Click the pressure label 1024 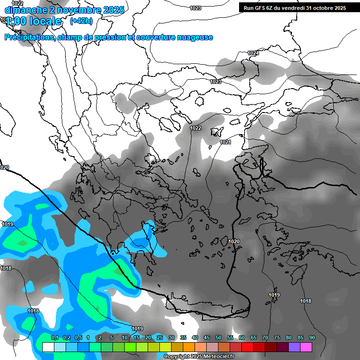tap(253, 53)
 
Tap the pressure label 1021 tap(225, 142)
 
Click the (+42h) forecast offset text tap(81, 21)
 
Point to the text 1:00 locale tap(34, 21)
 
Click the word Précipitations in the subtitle tap(30, 37)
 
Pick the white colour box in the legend tap(48, 347)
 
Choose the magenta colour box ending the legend tap(306, 347)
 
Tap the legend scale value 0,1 tap(54, 338)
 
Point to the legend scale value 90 tap(312, 338)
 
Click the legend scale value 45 tap(207, 338)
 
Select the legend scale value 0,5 tap(78, 338)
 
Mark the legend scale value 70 tap(265, 338)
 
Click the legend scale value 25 tap(160, 338)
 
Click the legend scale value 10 tap(125, 338)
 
